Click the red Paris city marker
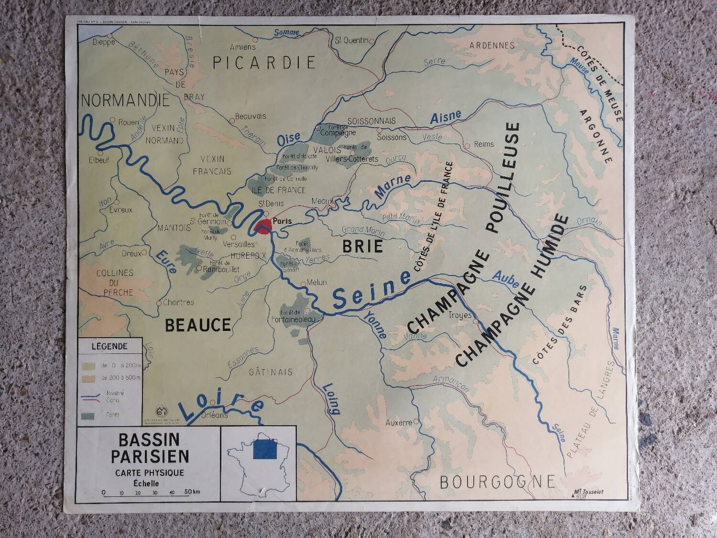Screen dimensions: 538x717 262,226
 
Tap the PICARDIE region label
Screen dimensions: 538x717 264,63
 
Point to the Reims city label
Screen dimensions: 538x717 483,144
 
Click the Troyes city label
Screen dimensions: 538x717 460,315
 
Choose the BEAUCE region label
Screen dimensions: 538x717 198,325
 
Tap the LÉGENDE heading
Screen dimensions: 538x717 109,346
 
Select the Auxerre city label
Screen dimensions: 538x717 399,423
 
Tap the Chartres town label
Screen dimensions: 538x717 178,302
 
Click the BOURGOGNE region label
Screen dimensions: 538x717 497,482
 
